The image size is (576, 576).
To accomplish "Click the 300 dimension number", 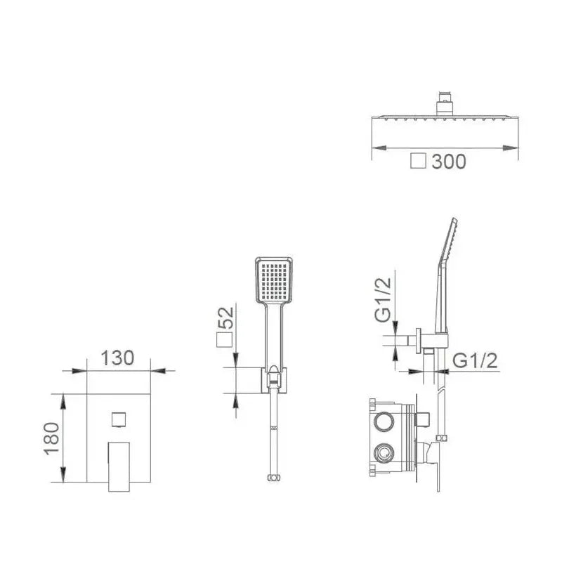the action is (x=449, y=162).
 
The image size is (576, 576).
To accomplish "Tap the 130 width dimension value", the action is (x=117, y=358).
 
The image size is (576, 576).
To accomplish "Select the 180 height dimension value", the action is (x=52, y=438).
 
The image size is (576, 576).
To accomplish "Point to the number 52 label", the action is (x=225, y=318).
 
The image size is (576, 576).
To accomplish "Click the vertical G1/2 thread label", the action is (x=383, y=300).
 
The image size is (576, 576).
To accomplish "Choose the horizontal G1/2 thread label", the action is (x=475, y=360).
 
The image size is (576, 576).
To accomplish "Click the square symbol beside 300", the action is (x=418, y=162).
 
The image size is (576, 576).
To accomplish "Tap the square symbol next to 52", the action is (x=224, y=340).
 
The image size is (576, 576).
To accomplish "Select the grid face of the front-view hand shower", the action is (x=274, y=279).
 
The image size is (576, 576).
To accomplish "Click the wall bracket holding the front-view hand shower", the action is (x=274, y=379).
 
